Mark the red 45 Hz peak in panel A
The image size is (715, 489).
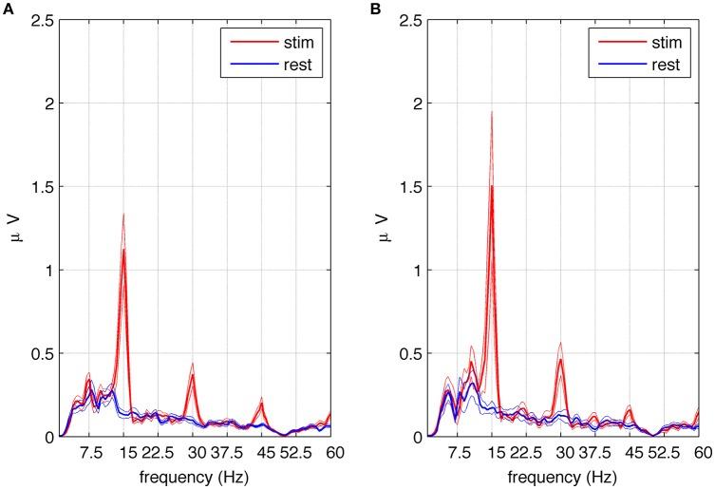[261, 403]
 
